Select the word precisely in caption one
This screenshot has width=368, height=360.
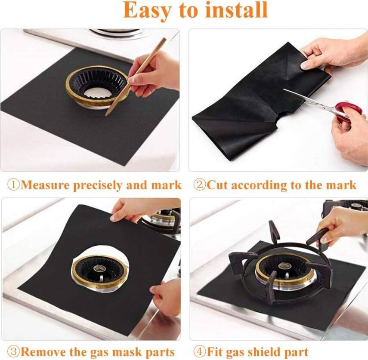click(99, 185)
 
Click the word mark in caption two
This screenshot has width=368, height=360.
click(343, 185)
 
